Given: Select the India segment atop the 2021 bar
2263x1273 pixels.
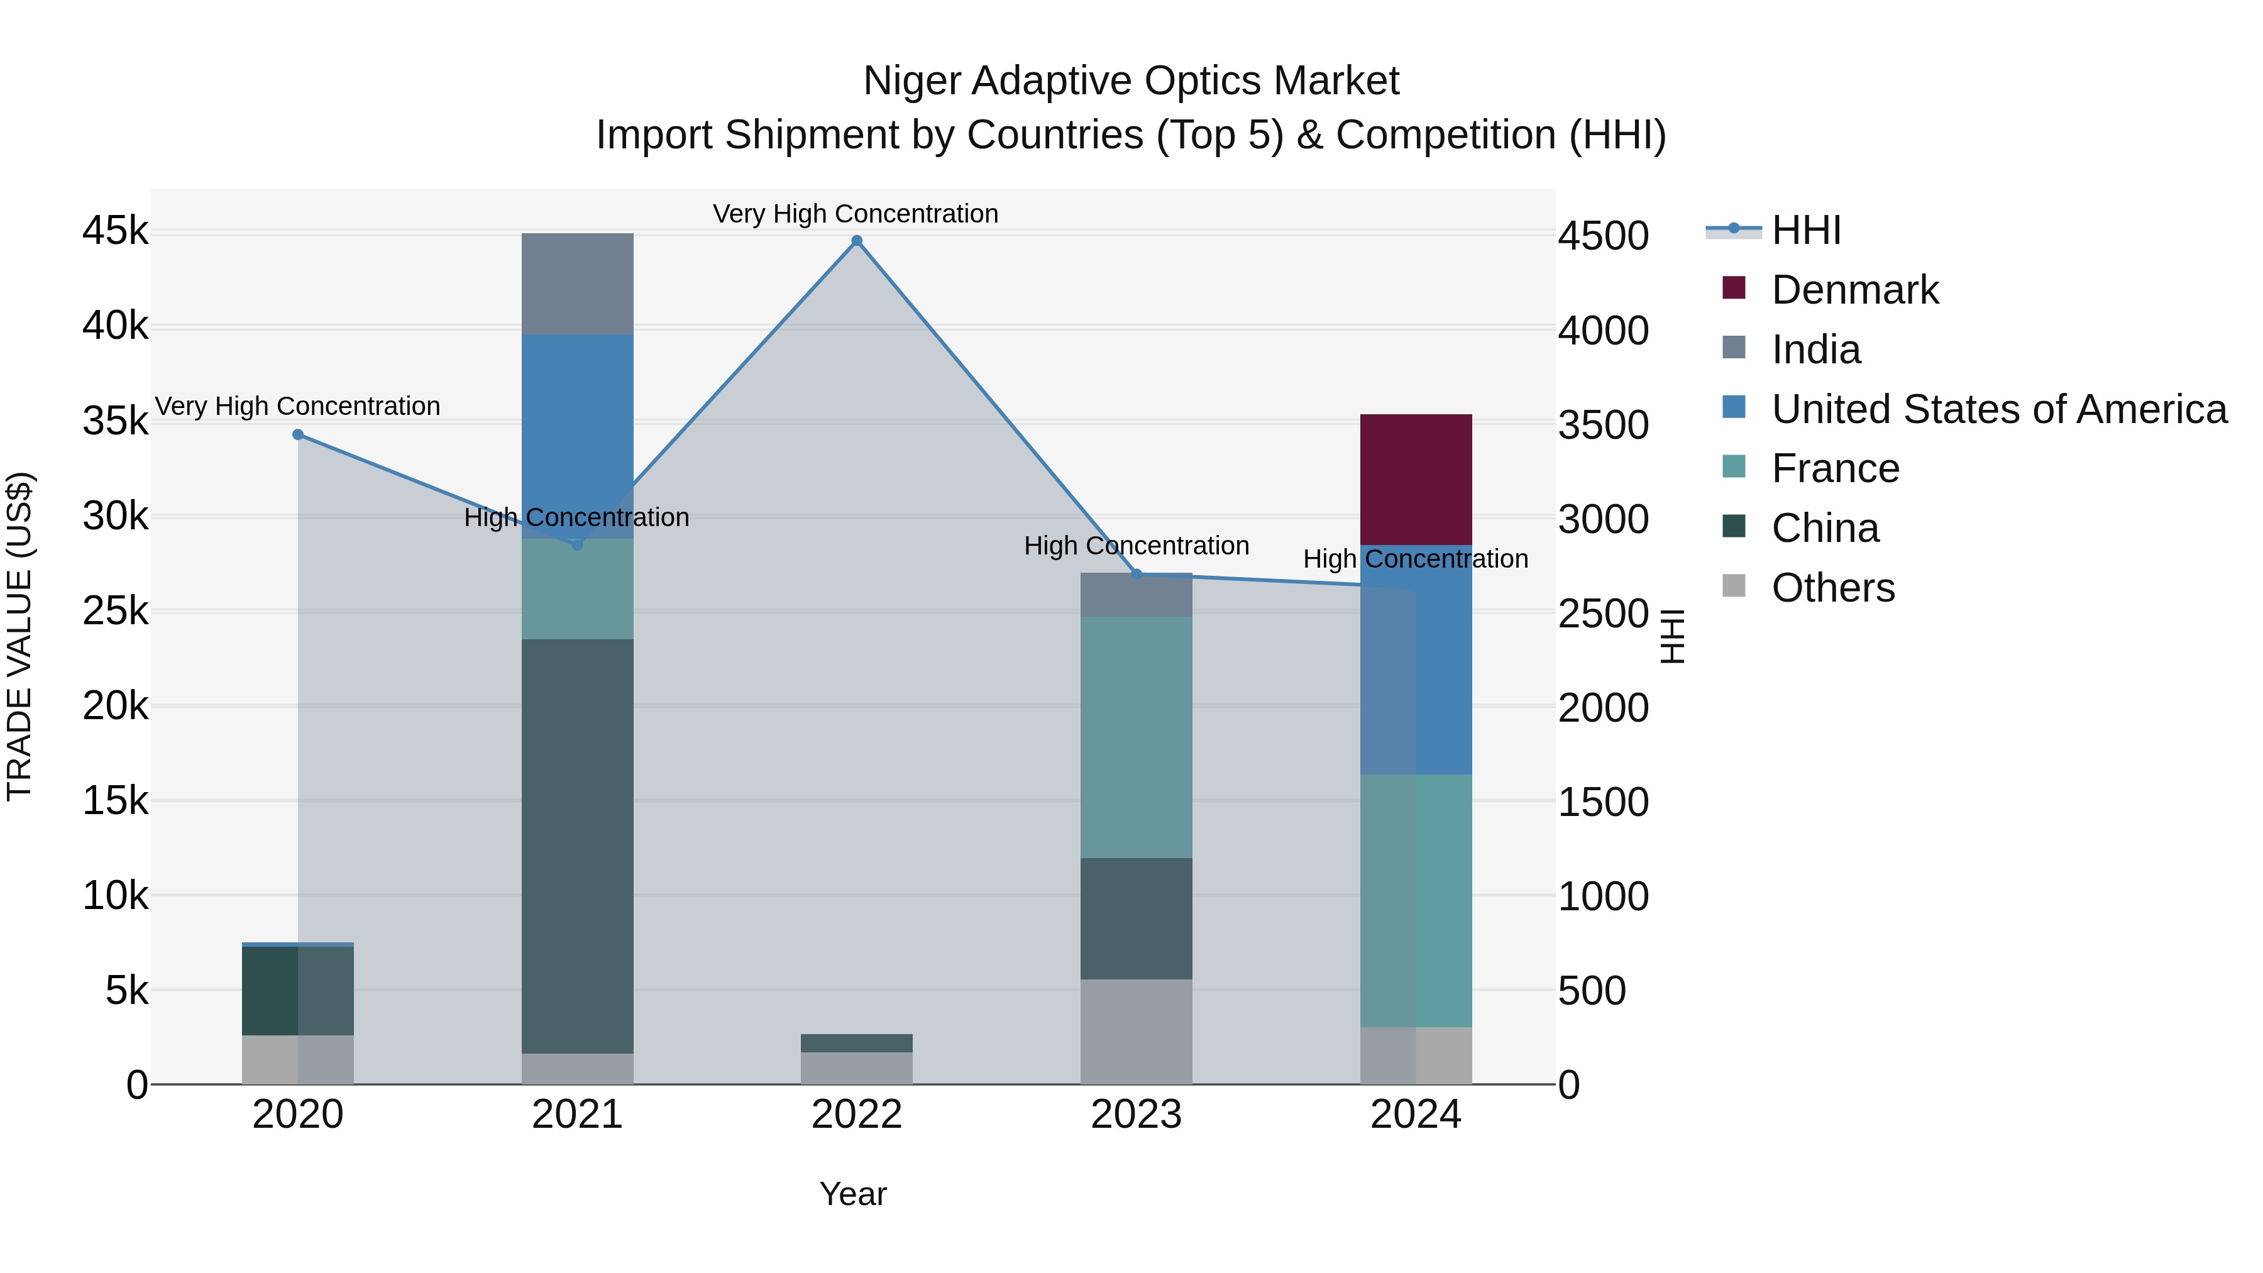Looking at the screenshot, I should (577, 283).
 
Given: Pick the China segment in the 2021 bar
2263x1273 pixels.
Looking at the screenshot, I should (577, 845).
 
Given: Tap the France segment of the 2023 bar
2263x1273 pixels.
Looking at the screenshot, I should (1136, 736).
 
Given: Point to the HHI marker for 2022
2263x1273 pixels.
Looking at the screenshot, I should (857, 241).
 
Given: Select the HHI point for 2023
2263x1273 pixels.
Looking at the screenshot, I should (1136, 575).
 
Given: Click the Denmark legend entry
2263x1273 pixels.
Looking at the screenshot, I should (1854, 290).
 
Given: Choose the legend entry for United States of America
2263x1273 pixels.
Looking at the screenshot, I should (1998, 409).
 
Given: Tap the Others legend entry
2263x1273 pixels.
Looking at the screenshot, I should (1832, 588).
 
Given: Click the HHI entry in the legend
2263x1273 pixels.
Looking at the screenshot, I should (1805, 230).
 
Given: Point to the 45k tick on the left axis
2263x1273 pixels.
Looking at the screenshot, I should (115, 231).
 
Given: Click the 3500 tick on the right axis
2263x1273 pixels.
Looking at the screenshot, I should (1603, 425).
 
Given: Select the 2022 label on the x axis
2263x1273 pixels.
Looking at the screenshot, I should (857, 1115).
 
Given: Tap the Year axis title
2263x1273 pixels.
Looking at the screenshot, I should (853, 1194).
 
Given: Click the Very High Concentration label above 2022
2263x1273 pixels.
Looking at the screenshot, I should (855, 214).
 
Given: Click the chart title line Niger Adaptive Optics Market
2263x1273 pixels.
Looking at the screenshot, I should (1131, 81).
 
